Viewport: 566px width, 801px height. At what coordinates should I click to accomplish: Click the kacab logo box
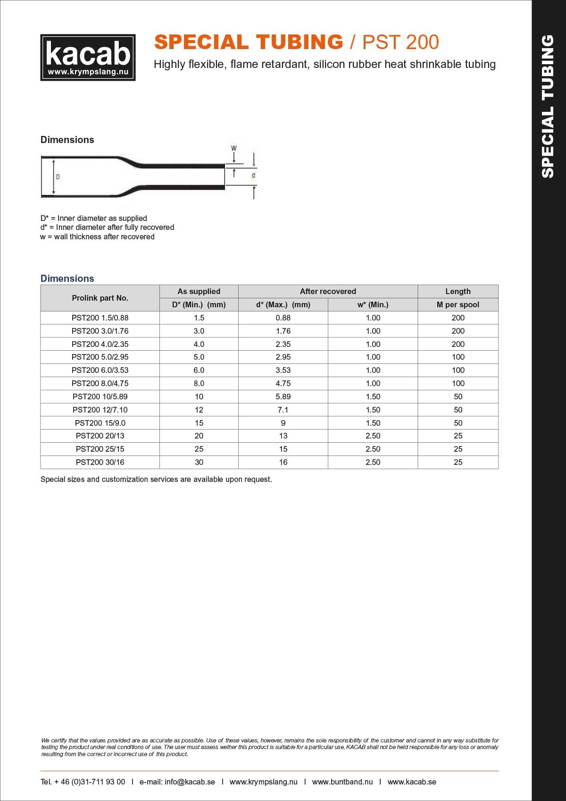pos(88,57)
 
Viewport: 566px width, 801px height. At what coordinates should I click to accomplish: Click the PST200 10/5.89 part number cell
pos(100,396)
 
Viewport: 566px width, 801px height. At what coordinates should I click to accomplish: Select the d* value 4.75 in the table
pos(283,383)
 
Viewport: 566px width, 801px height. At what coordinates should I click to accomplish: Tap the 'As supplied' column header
pos(199,291)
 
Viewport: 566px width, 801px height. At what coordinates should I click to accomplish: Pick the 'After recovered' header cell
pos(328,291)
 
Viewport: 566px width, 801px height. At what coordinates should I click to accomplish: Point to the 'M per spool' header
pos(458,304)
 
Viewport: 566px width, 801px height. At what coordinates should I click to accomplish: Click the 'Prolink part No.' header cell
pos(100,298)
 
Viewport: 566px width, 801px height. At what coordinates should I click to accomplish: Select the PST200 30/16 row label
pos(100,462)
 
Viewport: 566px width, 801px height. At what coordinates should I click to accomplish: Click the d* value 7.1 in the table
pos(283,410)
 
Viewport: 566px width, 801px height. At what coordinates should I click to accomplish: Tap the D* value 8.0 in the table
pos(199,383)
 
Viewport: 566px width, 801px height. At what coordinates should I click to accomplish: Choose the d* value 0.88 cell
pos(283,318)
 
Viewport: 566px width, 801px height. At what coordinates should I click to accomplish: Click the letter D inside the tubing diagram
pos(58,177)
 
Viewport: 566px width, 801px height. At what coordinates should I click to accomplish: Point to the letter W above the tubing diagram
pos(233,148)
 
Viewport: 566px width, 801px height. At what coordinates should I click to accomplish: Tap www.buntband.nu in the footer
pos(342,782)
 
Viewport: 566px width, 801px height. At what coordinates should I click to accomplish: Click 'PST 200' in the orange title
pos(400,42)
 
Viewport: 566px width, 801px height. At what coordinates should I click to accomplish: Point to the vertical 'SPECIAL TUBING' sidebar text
pos(548,106)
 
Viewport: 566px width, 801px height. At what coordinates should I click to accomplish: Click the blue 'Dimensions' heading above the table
pos(67,278)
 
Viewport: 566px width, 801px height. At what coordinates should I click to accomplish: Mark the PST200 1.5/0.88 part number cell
pos(100,318)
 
